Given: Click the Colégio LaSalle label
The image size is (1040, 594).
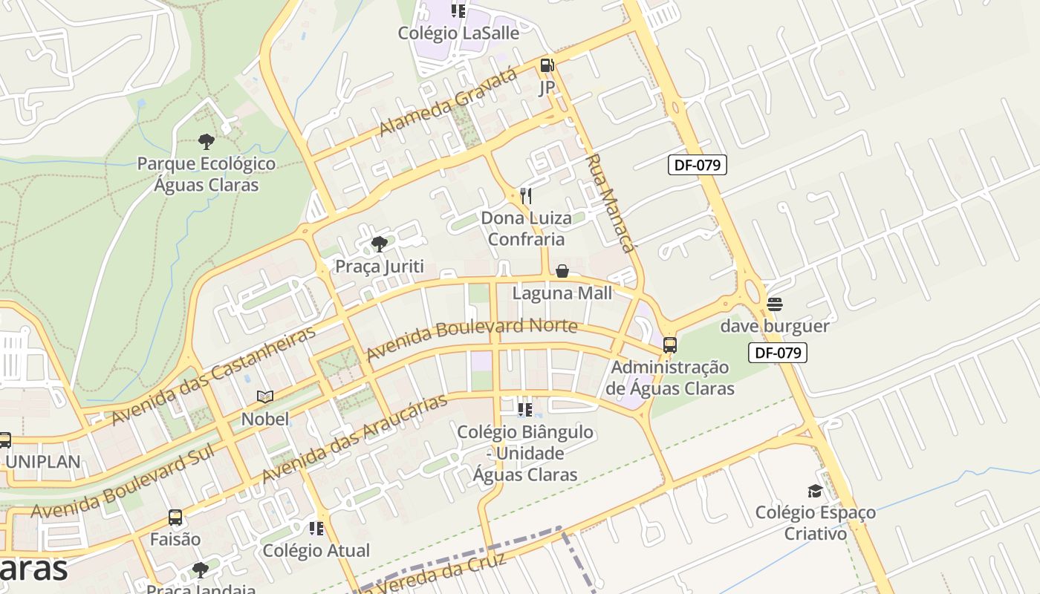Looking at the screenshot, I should (x=458, y=33).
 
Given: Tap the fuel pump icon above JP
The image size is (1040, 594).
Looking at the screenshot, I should (x=547, y=66).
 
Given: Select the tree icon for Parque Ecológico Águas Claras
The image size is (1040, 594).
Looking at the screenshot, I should (x=207, y=141).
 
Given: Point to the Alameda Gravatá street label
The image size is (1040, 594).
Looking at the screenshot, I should (x=447, y=102).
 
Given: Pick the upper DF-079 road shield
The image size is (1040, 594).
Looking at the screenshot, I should (x=697, y=165).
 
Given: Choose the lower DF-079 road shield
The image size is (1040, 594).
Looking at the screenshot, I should (x=777, y=353).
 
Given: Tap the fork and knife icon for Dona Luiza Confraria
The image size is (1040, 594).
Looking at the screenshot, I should (x=526, y=196).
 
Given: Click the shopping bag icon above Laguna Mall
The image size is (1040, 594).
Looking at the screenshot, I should (x=562, y=271).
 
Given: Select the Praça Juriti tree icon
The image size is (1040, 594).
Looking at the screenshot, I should (x=380, y=244).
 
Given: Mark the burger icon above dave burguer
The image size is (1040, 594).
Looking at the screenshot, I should (x=775, y=304).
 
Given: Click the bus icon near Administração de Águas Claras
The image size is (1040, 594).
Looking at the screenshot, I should (x=670, y=345).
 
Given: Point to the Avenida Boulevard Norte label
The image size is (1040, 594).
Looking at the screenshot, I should (x=472, y=337).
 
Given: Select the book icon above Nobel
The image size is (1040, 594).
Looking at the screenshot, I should (x=265, y=396).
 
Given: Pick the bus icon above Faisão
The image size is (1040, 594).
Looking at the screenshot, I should (x=175, y=518).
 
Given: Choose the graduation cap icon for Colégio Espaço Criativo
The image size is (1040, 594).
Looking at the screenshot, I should (x=815, y=491).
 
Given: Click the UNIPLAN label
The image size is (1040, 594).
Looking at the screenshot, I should (x=42, y=461).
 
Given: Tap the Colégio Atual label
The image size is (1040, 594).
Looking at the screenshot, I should (x=316, y=550).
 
